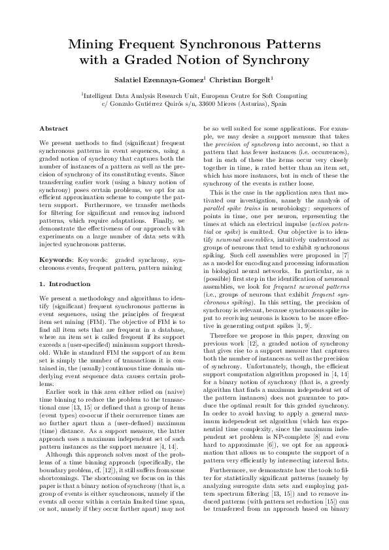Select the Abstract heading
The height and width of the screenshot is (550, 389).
[x=54, y=129]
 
